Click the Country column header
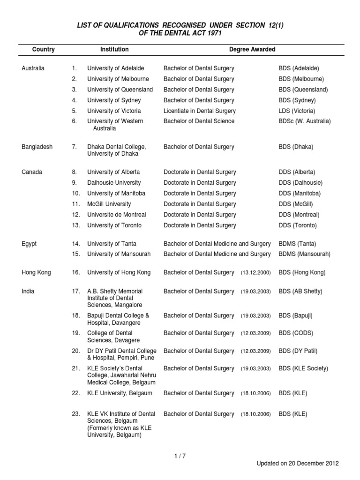click(43, 49)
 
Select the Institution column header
click(114, 49)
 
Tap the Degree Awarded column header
click(252, 49)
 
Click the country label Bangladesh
click(37, 147)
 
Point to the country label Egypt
click(29, 244)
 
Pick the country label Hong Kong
click(37, 272)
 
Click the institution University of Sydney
click(114, 100)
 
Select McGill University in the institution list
click(109, 204)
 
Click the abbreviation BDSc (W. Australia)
click(305, 121)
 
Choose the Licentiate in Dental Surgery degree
click(200, 111)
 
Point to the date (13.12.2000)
click(256, 273)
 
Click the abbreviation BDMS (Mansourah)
click(305, 254)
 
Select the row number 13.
click(76, 225)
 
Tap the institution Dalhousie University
click(114, 183)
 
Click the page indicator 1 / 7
click(180, 455)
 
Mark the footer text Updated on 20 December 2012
click(297, 464)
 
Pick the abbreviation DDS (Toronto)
click(298, 225)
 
